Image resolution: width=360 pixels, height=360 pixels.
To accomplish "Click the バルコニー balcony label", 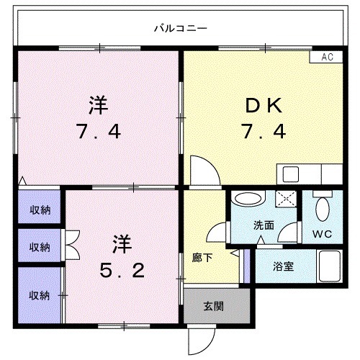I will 181,29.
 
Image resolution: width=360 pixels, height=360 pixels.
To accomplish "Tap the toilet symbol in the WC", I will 323,209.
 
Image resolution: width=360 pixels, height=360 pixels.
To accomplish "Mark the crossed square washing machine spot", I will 287,200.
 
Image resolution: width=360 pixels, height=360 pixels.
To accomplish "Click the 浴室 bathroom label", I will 282,266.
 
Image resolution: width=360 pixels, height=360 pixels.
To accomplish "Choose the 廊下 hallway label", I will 201,256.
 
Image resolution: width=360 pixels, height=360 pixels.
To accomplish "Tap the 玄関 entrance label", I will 213,306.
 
